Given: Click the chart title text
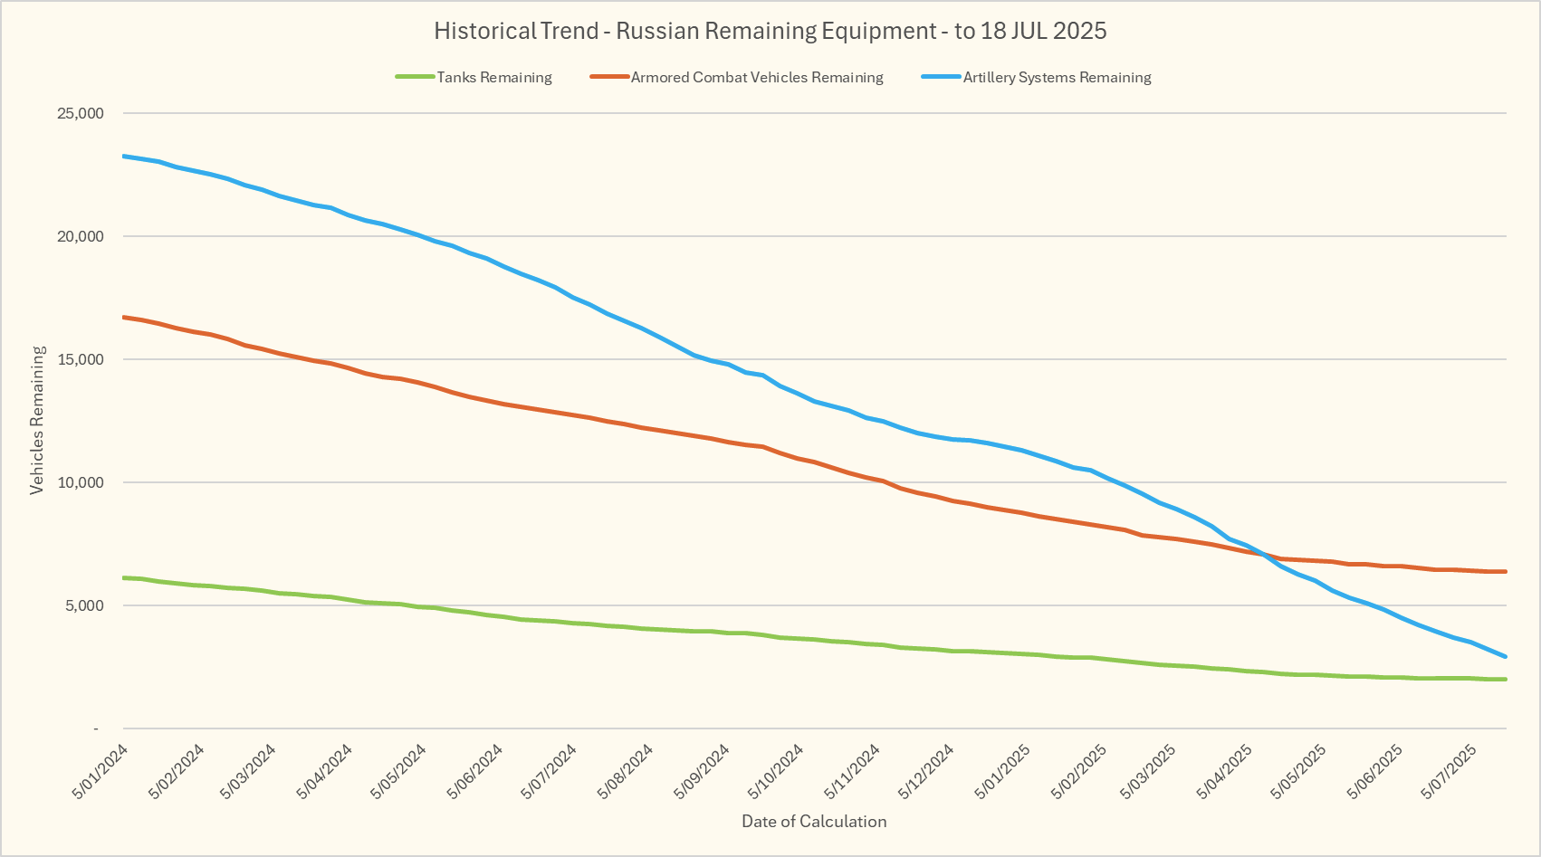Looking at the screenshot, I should pos(770,31).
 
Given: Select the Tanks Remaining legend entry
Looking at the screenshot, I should pos(493,78).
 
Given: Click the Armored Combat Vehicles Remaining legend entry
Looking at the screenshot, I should pos(756,78).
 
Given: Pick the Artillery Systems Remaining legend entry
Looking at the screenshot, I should pos(1057,78).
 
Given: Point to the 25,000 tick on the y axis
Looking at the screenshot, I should pos(81,113).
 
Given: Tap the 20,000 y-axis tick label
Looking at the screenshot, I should pos(81,236).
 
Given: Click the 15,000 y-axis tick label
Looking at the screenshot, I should pos(81,359).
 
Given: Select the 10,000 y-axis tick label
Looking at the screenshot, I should pos(81,482).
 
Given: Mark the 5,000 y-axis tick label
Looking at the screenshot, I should pos(84,605).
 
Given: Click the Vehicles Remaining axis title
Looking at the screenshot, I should pos(37,420).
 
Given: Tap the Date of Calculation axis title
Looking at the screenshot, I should pos(814,822).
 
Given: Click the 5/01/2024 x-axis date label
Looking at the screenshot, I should pos(100,772).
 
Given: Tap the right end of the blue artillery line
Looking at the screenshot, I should pos(1505,657).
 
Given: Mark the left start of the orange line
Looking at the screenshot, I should pos(124,317).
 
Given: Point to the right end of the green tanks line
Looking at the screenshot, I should pos(1505,679).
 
